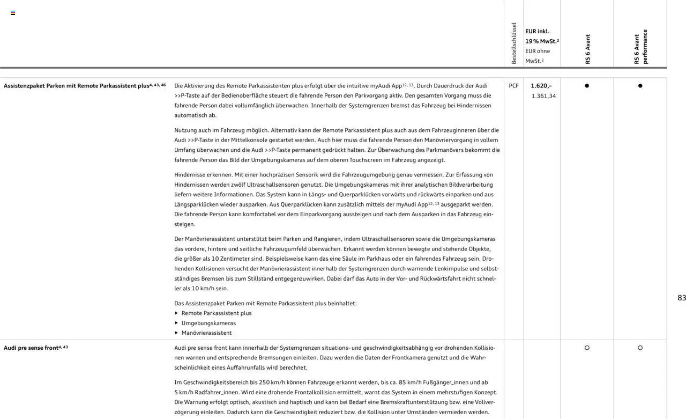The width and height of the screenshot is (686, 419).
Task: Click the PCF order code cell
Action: [513, 86]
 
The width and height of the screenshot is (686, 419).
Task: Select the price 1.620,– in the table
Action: [541, 86]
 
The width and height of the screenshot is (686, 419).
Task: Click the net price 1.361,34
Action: [543, 96]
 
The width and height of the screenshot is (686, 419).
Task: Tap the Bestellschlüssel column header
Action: [513, 43]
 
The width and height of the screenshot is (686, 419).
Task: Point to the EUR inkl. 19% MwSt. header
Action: [541, 36]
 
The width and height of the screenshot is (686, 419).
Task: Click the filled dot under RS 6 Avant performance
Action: [640, 86]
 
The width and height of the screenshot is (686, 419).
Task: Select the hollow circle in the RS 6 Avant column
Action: [587, 348]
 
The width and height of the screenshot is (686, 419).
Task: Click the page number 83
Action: [681, 298]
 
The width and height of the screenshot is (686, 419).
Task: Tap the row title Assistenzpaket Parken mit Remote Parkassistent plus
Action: [77, 86]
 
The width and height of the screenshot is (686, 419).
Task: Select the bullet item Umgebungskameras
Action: [208, 323]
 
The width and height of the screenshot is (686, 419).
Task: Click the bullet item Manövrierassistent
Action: [206, 333]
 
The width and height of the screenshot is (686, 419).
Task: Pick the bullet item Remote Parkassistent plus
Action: [216, 313]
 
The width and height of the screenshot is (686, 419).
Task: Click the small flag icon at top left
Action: [13, 13]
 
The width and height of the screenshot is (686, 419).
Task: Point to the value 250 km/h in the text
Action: [272, 383]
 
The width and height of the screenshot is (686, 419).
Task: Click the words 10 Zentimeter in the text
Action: [230, 259]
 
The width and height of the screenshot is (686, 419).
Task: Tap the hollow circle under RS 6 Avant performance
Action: [640, 348]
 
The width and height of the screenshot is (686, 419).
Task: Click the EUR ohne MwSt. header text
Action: [537, 56]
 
